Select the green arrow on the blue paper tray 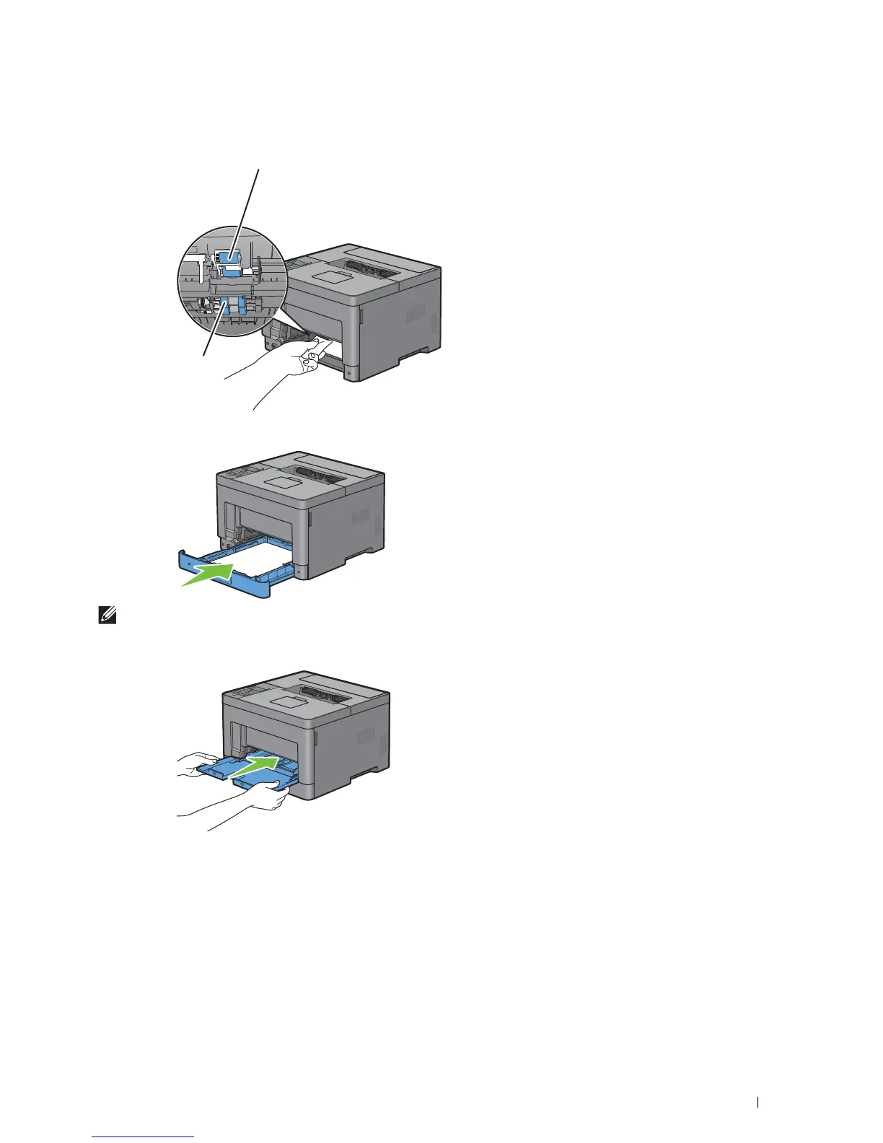[x=207, y=574]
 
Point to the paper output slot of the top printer [x=371, y=268]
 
